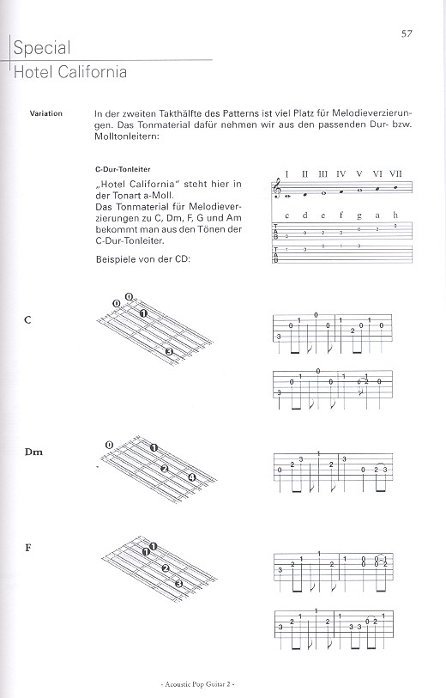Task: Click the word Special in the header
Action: [41, 48]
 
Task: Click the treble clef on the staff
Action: [276, 188]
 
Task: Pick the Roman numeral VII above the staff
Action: [395, 173]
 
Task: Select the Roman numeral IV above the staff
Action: [341, 173]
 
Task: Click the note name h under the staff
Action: [395, 215]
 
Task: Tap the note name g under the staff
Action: [359, 215]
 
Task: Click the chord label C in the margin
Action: [28, 319]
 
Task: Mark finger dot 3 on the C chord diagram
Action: [170, 352]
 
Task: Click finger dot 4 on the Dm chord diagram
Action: [192, 478]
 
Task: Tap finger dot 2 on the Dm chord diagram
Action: [164, 468]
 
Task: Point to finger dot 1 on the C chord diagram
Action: [144, 313]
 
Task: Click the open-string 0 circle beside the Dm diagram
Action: [109, 444]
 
